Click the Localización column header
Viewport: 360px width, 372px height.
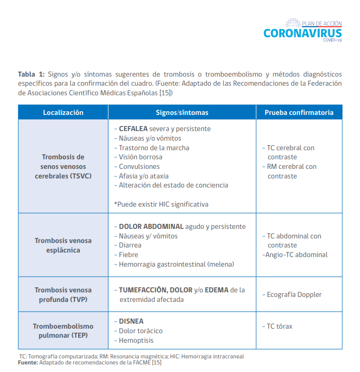(63, 112)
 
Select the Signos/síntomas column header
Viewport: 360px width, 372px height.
(182, 112)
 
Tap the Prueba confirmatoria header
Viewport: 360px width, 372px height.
(299, 112)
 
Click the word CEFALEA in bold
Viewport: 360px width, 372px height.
(133, 129)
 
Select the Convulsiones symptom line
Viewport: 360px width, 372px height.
(139, 166)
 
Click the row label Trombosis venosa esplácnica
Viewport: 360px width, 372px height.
(63, 245)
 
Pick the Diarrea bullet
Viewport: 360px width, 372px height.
(130, 245)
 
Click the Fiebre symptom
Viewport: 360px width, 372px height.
(128, 255)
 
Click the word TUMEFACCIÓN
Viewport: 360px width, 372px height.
(143, 290)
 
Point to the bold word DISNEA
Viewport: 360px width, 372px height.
(131, 321)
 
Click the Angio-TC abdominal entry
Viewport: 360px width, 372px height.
(295, 255)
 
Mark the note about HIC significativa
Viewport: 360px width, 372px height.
(161, 204)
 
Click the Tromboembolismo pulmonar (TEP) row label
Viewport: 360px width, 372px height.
(63, 331)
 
